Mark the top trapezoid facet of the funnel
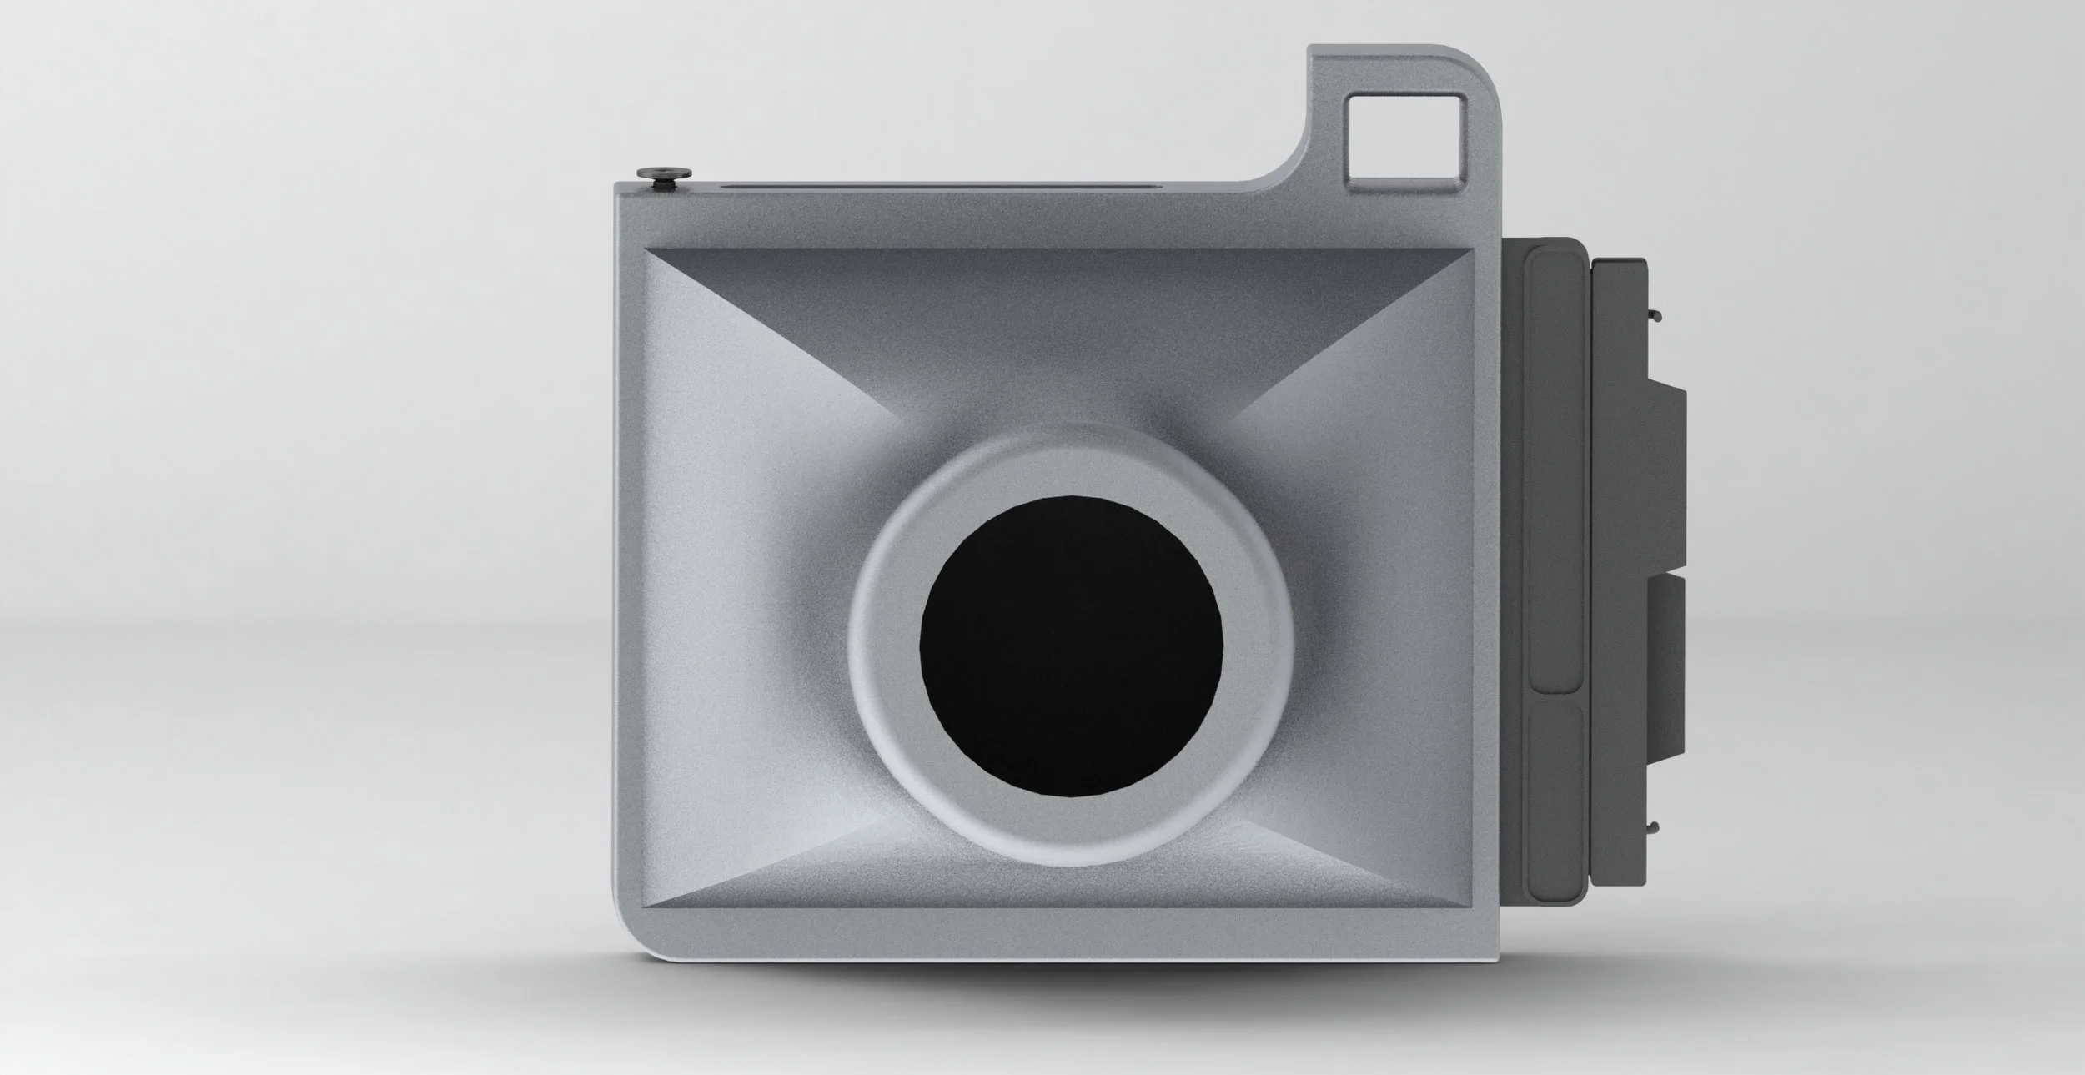pos(1059,334)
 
